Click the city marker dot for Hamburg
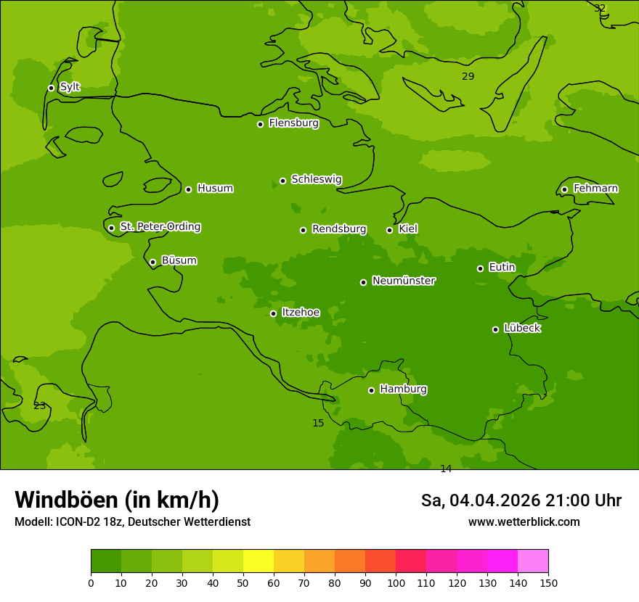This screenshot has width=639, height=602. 371,390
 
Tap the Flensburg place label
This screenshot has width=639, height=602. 293,123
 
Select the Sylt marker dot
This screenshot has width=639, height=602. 51,88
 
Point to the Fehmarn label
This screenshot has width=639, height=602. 595,189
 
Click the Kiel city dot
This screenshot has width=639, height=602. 389,230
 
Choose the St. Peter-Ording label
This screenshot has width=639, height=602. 160,227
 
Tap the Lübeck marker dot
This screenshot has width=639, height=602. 495,329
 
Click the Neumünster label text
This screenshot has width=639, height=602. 403,281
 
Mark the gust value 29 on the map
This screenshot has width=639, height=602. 468,76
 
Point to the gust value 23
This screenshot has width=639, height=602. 39,405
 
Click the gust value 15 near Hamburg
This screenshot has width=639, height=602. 318,423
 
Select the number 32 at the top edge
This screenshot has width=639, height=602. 599,8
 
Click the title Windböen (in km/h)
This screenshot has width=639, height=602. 117,500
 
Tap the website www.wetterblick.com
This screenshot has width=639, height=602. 524,521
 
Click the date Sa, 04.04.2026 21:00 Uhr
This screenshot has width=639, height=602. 521,500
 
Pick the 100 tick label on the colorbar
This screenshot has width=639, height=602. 396,582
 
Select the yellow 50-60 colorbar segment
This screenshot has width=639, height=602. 289,561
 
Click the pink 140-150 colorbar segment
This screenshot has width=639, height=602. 533,561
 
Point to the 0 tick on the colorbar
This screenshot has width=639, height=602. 91,582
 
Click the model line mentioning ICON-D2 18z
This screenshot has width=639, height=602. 132,521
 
